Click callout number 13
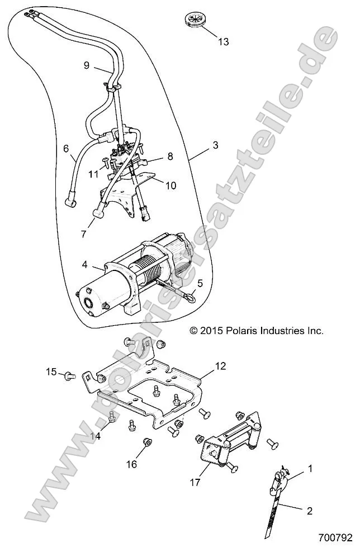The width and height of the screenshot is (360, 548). click(x=223, y=42)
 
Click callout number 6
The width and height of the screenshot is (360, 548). click(x=66, y=149)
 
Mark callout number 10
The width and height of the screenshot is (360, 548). click(x=170, y=185)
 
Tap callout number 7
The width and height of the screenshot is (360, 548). click(x=84, y=234)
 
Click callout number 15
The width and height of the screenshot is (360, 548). click(x=51, y=371)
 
